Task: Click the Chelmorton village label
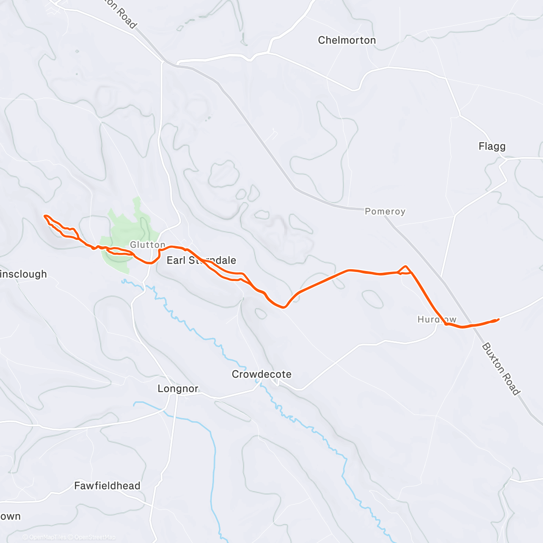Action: (x=347, y=40)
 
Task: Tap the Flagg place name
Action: (x=492, y=146)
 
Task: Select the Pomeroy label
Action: (x=385, y=211)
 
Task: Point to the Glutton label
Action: (x=148, y=245)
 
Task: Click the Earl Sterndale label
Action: (x=201, y=260)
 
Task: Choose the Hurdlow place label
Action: (x=437, y=319)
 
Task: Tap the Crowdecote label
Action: (x=262, y=374)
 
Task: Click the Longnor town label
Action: (x=178, y=389)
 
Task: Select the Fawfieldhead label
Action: (x=107, y=486)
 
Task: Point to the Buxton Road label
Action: (x=501, y=369)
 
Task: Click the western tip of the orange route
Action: (x=44, y=216)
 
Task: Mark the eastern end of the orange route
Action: (x=498, y=319)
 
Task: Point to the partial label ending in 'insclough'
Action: (x=24, y=274)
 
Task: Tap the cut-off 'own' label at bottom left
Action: (x=10, y=516)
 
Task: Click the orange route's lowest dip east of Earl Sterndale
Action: (x=283, y=307)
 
